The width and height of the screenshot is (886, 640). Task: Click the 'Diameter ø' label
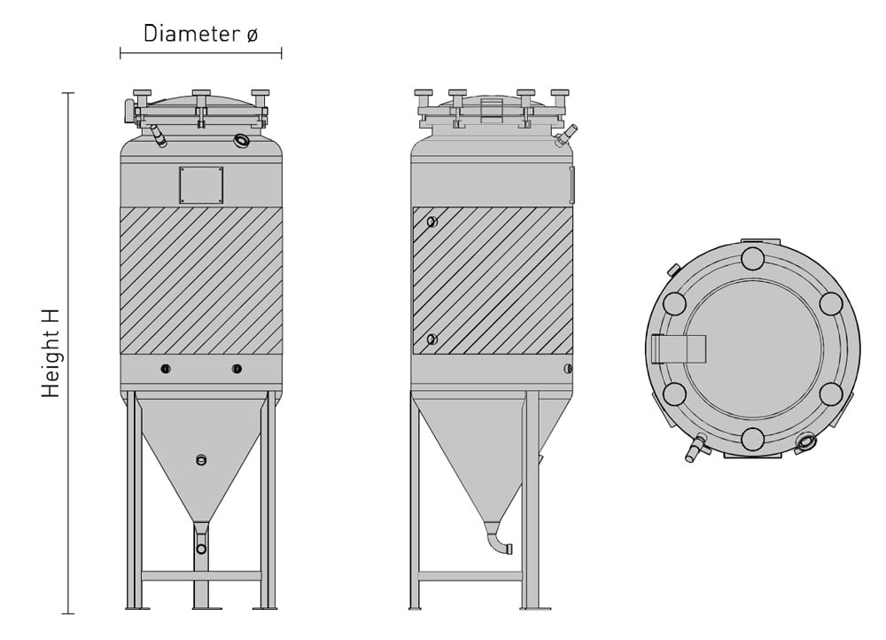(200, 34)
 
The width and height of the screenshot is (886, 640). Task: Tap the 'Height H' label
(51, 353)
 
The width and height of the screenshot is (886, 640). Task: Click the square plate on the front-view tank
(201, 185)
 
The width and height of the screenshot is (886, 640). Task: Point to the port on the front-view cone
(201, 459)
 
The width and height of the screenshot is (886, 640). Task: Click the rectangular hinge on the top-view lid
(678, 349)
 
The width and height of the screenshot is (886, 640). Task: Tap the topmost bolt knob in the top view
(752, 259)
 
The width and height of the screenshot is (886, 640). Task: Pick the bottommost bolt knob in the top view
(752, 439)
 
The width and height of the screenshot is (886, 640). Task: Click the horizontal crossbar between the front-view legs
(201, 575)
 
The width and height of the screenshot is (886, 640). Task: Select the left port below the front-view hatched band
(166, 369)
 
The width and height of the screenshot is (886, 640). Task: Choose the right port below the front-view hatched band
(237, 369)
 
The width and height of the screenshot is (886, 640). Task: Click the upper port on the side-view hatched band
(431, 222)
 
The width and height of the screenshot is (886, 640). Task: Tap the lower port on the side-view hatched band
(431, 340)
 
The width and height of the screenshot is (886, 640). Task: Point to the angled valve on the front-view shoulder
(158, 136)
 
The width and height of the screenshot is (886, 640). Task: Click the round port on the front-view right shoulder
(242, 140)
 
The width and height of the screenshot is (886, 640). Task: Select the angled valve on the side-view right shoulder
(564, 135)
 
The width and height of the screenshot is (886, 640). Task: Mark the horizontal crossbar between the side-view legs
(470, 575)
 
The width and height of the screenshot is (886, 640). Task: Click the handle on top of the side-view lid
(491, 110)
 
